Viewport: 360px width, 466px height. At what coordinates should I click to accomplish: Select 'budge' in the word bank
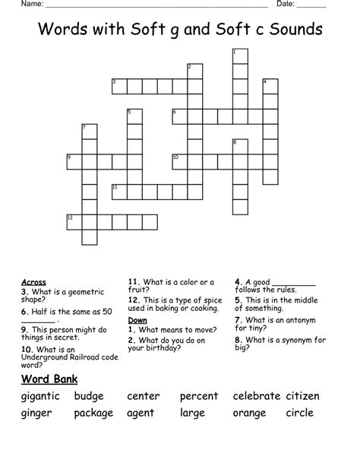(x=90, y=396)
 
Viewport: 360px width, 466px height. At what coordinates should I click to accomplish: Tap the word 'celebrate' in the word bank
(x=257, y=396)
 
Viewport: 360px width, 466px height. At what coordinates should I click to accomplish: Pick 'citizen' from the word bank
(x=303, y=396)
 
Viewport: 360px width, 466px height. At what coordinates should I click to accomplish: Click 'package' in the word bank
(x=93, y=414)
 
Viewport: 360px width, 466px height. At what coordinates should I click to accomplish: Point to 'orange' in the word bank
(x=249, y=414)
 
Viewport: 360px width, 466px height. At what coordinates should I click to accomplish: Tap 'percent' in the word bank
(x=199, y=396)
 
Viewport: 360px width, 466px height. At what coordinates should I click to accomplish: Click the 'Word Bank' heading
(x=49, y=378)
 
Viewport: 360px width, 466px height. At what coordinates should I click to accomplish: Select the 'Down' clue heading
(x=137, y=320)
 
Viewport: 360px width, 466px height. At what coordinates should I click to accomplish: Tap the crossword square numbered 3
(x=119, y=86)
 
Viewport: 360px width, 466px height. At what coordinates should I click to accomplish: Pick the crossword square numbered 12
(x=74, y=221)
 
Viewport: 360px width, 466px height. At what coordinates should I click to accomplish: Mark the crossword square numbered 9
(x=74, y=161)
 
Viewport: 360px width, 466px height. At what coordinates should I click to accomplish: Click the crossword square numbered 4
(x=270, y=86)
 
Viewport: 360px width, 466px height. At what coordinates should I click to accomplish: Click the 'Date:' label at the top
(x=286, y=5)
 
